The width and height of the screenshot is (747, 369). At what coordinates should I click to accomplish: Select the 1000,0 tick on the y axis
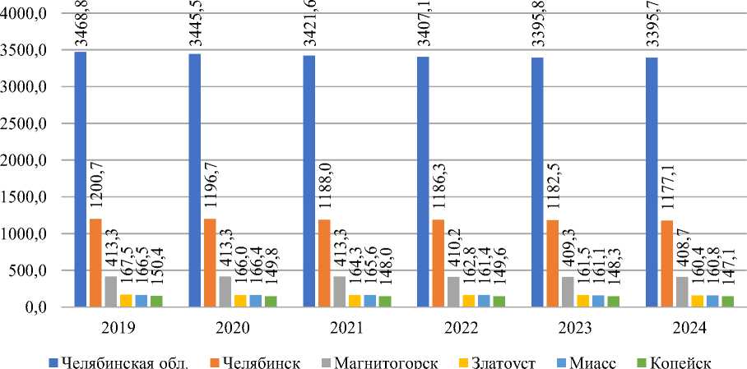(x=26, y=234)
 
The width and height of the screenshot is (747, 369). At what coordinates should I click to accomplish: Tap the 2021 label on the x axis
(x=346, y=329)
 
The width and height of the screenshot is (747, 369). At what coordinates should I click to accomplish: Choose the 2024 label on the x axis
(x=689, y=329)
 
